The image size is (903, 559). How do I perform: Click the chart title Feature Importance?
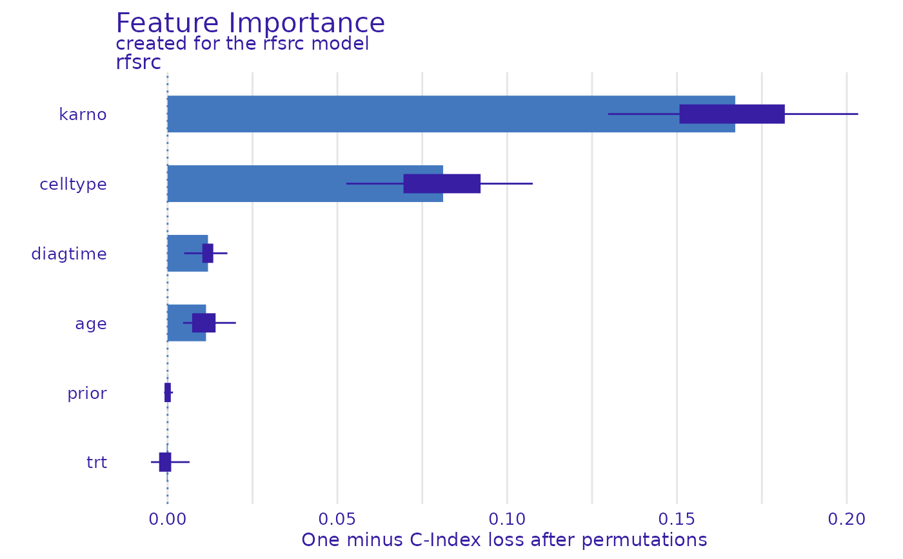click(250, 24)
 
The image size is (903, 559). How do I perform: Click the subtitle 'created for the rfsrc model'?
click(242, 44)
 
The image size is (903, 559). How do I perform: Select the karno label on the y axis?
click(83, 115)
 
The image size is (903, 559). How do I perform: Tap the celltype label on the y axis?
click(73, 185)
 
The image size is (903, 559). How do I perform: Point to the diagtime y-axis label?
click(69, 254)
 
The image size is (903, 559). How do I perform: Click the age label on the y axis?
click(90, 323)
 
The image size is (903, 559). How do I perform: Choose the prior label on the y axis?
click(86, 393)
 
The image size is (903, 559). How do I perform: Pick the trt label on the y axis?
click(96, 463)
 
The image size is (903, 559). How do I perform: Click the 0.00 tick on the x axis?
click(168, 518)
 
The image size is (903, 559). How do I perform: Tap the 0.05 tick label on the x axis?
click(337, 518)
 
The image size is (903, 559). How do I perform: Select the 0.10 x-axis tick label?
click(507, 518)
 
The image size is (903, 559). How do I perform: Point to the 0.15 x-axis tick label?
click(677, 518)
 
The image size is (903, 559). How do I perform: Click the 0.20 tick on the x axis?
click(846, 518)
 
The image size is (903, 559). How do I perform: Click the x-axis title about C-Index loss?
click(504, 540)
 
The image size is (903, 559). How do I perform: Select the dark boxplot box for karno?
click(732, 114)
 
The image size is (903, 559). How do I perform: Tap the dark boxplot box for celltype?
click(442, 184)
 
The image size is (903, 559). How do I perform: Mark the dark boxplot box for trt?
click(165, 462)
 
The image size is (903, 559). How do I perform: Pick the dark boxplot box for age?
click(204, 323)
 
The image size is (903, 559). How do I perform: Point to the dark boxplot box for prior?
click(168, 392)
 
